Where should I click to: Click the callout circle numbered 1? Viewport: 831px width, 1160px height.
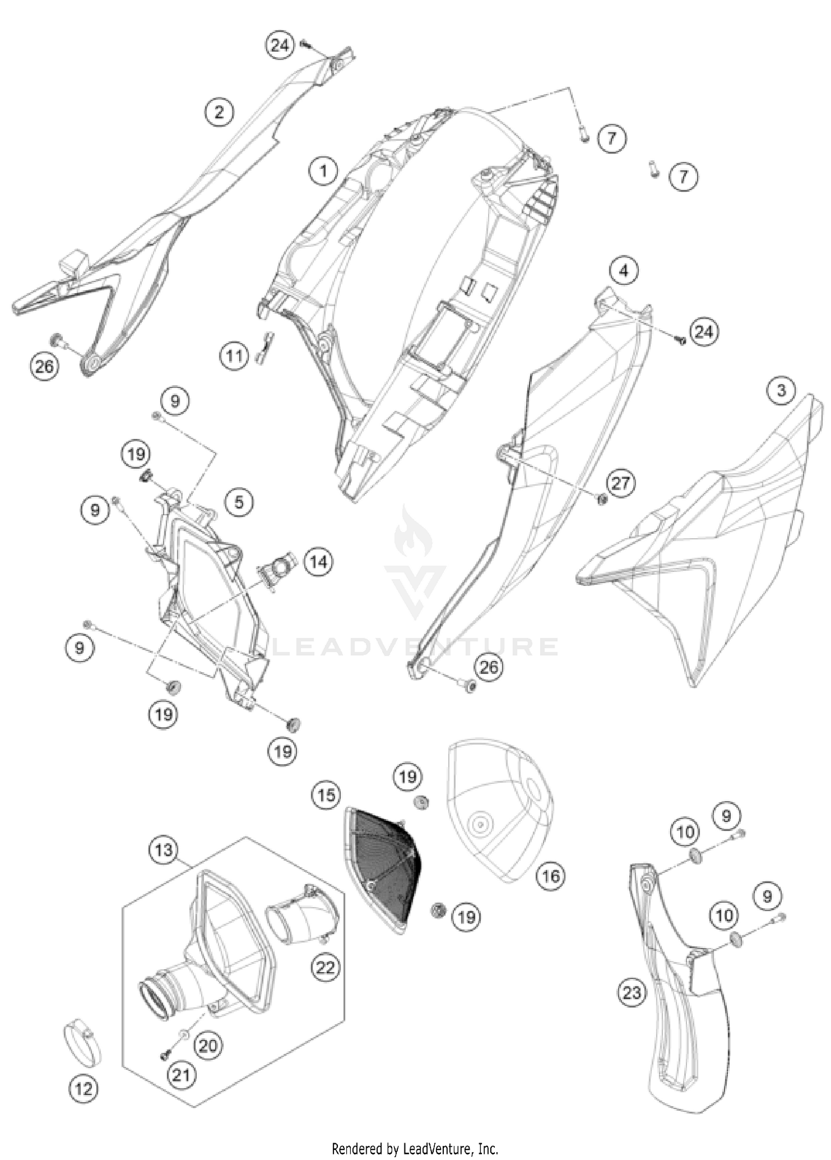pos(324,171)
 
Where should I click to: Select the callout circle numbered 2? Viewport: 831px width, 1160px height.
pos(219,113)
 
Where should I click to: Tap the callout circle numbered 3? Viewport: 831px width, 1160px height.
pos(781,391)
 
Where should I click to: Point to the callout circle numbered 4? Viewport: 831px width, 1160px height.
pos(624,271)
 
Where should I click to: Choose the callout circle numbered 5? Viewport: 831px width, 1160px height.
pos(239,503)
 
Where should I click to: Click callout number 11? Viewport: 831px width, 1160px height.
pos(234,355)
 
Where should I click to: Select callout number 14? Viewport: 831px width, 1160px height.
pos(318,563)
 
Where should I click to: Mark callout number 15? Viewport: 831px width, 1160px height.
pos(326,795)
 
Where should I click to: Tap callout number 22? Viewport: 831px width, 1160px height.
pos(325,967)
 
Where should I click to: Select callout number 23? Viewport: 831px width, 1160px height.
pos(632,992)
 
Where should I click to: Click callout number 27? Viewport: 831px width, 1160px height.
pos(621,483)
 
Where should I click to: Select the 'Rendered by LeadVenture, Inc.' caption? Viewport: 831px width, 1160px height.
pos(415,1148)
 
